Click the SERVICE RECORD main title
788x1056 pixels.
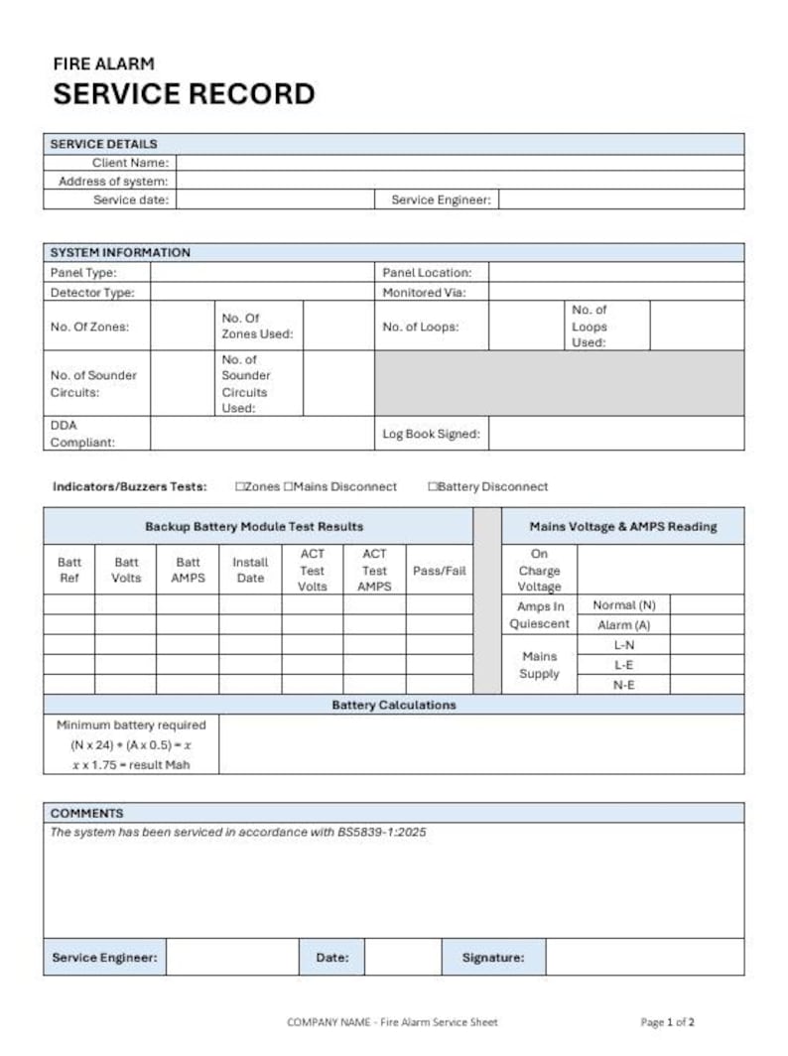pos(184,94)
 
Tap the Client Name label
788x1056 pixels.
pos(130,163)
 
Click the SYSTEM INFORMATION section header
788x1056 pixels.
pos(120,252)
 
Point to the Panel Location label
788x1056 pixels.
pos(427,272)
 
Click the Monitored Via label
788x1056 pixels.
pos(424,293)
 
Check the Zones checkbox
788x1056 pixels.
pos(240,487)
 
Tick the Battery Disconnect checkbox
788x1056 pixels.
pos(433,487)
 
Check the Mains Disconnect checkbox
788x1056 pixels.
pos(289,487)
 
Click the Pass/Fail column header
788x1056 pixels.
pos(439,571)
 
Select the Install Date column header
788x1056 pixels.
pos(250,570)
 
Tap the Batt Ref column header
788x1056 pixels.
pos(69,570)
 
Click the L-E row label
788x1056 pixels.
pos(624,665)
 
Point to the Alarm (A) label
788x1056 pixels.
pos(623,625)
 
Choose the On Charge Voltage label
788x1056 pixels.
pos(539,571)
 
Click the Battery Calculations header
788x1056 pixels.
pos(393,705)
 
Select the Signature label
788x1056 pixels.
pos(492,958)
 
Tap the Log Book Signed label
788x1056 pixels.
pos(431,434)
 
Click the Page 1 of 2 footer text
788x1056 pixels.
pos(667,1021)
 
